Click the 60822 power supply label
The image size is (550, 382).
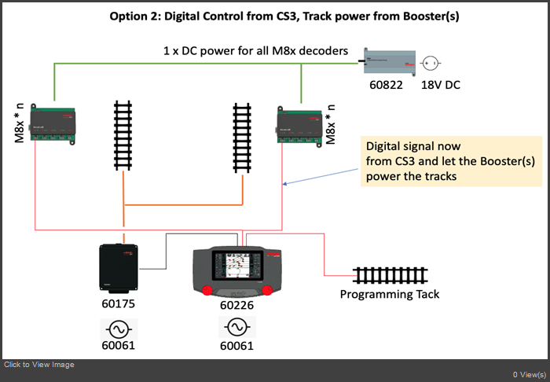(x=386, y=85)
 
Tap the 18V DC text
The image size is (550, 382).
(x=441, y=85)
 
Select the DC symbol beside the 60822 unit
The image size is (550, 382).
(x=430, y=64)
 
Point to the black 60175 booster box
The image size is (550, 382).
(x=118, y=268)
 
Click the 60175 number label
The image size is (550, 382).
(x=118, y=303)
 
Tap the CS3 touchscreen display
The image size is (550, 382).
(x=237, y=266)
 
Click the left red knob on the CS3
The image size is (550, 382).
(x=207, y=290)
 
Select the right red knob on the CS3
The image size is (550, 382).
(x=267, y=290)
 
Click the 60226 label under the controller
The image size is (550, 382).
(x=236, y=305)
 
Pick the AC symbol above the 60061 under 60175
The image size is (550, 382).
(x=119, y=329)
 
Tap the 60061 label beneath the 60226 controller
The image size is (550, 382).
(x=236, y=346)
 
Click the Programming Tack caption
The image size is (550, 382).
(x=390, y=294)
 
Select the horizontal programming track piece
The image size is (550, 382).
(x=390, y=276)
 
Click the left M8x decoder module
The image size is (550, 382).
(x=53, y=124)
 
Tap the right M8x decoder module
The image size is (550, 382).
(x=299, y=127)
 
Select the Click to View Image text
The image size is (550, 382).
(x=39, y=365)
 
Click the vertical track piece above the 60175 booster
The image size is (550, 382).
(x=123, y=135)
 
